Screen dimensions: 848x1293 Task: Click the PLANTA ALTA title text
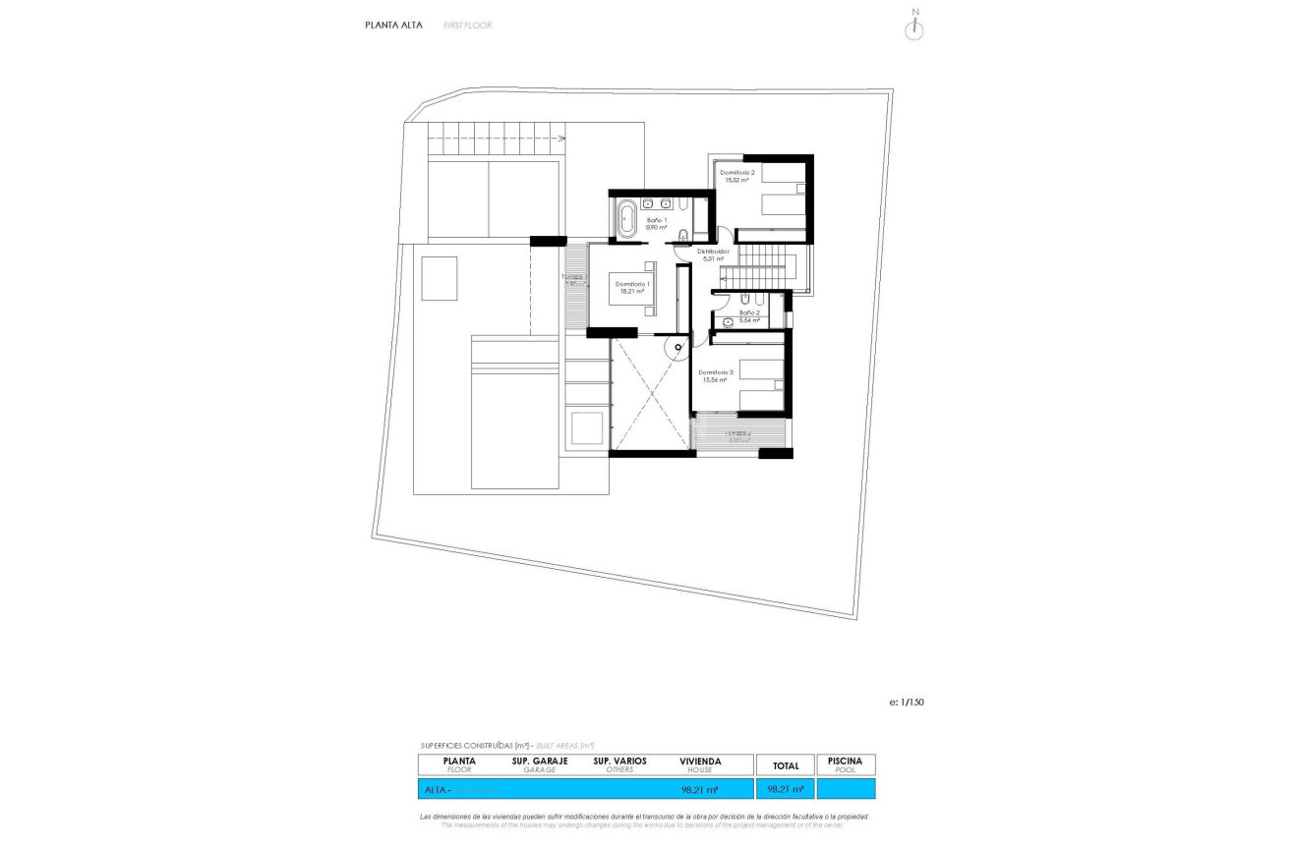(393, 26)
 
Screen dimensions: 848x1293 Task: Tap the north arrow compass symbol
(914, 28)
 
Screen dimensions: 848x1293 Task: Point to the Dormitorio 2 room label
(737, 172)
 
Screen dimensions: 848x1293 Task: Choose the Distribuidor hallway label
(713, 252)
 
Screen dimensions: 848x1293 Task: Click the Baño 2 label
(750, 312)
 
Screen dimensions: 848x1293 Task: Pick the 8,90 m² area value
(656, 227)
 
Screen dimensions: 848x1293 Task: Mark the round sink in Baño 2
(727, 321)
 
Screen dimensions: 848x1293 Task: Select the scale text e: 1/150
(906, 702)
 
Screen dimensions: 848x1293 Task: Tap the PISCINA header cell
(845, 762)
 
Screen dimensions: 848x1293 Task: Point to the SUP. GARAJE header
(540, 762)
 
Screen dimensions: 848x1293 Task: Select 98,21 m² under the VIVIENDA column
(699, 789)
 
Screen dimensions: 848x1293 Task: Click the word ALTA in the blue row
(435, 789)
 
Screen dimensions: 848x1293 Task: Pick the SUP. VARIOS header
(619, 762)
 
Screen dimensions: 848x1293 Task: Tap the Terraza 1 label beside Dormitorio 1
(572, 277)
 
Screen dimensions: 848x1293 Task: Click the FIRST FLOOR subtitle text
(467, 26)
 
